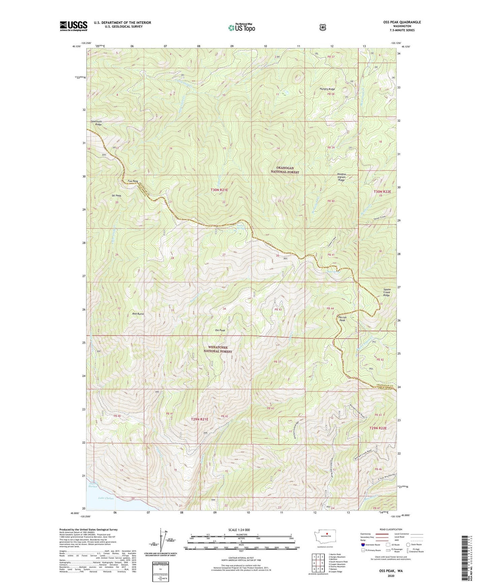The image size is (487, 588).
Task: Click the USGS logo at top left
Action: coord(73,26)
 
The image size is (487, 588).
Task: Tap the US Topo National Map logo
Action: coord(241,27)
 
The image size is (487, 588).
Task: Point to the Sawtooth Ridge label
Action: coord(96,123)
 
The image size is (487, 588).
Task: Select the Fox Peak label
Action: coord(133,181)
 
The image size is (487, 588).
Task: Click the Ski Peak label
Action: coord(117,195)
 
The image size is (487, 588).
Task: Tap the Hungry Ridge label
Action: coord(327,89)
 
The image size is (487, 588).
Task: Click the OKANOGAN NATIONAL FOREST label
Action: coord(285,170)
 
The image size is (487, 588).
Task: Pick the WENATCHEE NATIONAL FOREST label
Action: coord(217,349)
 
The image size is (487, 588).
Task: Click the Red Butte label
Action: coord(138,314)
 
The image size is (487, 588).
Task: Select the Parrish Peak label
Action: coord(342,319)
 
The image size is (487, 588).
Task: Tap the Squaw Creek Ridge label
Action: coord(387,292)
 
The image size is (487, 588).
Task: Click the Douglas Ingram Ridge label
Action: coord(341,177)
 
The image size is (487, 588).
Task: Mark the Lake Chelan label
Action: coord(106,498)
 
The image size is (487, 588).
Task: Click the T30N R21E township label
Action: coord(219,190)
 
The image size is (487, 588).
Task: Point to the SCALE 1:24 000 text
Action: coord(239,530)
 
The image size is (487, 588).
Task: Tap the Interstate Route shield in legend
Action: coord(363,545)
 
